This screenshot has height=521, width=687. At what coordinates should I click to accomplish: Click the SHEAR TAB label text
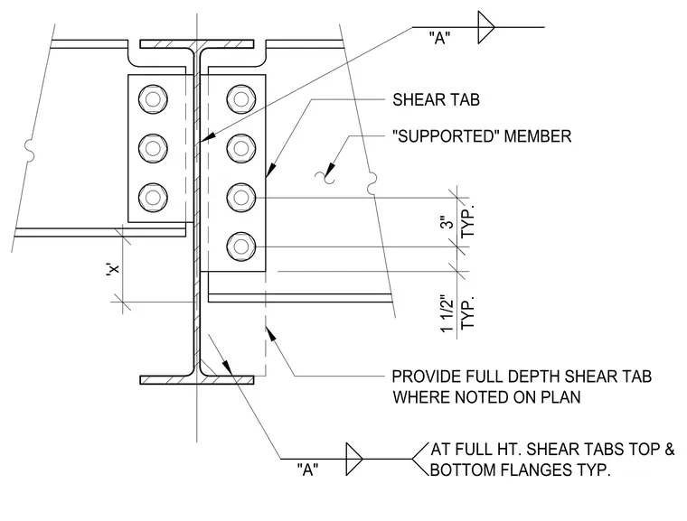click(x=436, y=100)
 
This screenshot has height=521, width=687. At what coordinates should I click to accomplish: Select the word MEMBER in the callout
click(x=538, y=136)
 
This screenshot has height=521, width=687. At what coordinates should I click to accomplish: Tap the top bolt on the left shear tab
click(x=153, y=99)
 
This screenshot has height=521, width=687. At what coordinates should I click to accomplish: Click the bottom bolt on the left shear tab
click(x=153, y=197)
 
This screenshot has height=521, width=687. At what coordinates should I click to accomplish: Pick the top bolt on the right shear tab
click(x=241, y=99)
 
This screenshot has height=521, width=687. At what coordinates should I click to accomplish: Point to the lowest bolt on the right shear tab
click(x=241, y=247)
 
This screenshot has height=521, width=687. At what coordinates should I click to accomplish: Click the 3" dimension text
click(x=447, y=222)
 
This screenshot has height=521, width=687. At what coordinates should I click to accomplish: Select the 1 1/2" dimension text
click(x=447, y=313)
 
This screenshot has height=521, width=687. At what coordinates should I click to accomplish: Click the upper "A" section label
click(x=439, y=38)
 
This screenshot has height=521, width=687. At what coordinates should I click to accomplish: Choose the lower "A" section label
click(x=307, y=470)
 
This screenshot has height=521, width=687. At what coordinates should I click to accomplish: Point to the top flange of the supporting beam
click(x=197, y=43)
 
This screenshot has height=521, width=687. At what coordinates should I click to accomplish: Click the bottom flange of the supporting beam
click(x=197, y=379)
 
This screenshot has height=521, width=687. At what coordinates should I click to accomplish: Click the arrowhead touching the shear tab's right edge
click(x=272, y=170)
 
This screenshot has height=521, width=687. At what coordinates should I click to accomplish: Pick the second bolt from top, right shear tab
click(x=241, y=148)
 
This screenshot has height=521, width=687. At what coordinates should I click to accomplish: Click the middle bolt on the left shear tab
click(x=153, y=148)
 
